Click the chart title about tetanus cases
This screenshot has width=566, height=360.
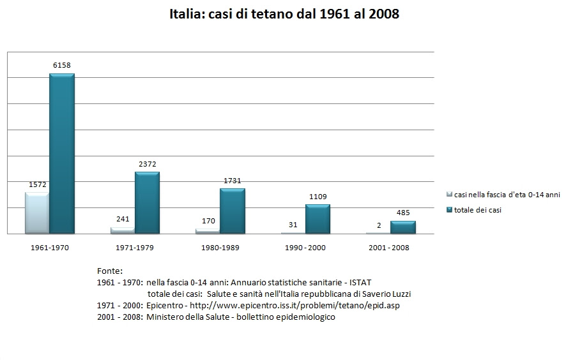pos(284,14)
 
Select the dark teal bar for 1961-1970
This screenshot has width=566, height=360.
pos(62,154)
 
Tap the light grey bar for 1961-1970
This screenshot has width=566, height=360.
pos(37,213)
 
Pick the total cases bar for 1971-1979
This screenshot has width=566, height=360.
pos(147,202)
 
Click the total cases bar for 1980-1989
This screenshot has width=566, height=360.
pos(233,211)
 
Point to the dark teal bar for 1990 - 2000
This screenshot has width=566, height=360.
pos(317,219)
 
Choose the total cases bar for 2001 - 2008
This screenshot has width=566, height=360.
pos(402,227)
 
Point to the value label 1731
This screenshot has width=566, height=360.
pos(233,181)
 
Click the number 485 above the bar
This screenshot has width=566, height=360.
pos(403,213)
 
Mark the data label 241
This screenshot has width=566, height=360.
pos(123,219)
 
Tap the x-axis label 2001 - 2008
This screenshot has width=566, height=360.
pos(390,247)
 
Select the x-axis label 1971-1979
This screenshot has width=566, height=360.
pos(134,247)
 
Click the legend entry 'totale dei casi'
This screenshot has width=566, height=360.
pos(477,209)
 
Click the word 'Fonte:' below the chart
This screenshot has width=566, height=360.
pos(110,271)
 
